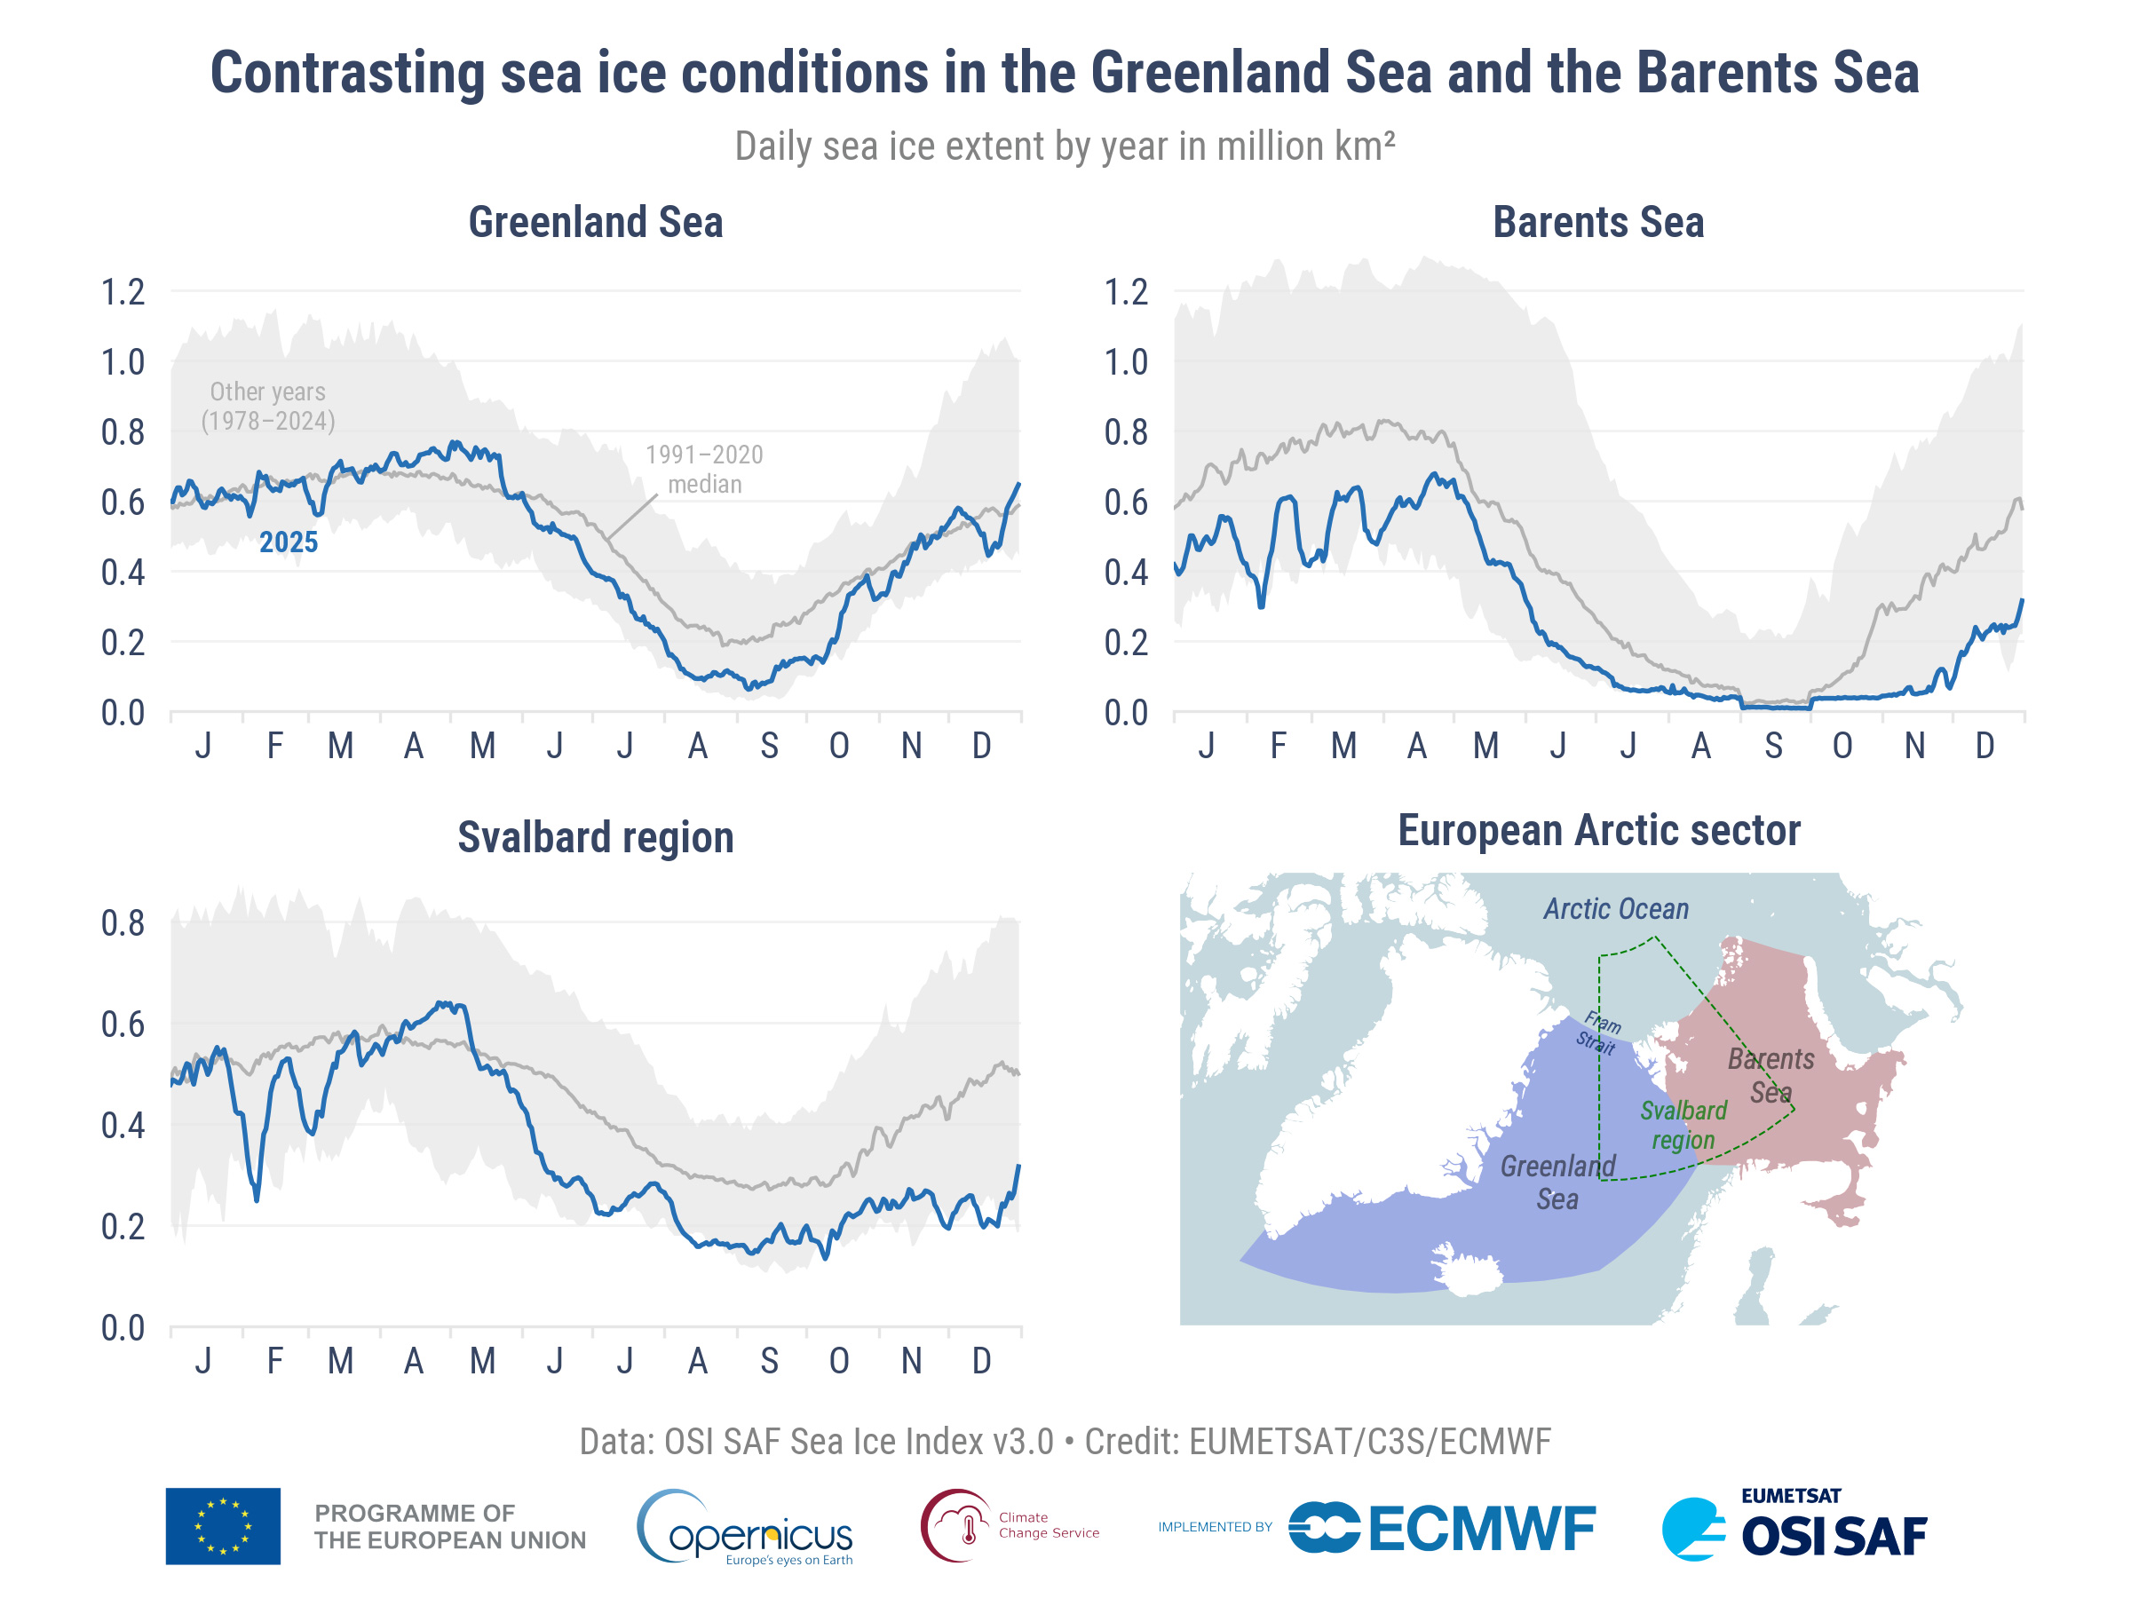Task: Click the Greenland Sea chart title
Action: click(596, 223)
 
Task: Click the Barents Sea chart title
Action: click(1598, 223)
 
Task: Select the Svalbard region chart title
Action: click(596, 837)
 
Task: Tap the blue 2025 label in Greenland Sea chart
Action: click(288, 542)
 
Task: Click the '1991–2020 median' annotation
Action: click(704, 469)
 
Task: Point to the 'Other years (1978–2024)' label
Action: click(268, 407)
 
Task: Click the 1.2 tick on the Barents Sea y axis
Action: click(1125, 292)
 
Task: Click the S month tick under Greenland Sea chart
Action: click(769, 746)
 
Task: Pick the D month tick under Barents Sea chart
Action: click(1984, 746)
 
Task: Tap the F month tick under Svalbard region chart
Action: click(274, 1361)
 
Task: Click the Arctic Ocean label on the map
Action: click(1616, 909)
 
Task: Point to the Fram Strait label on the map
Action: click(1599, 1032)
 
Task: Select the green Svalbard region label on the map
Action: click(1683, 1125)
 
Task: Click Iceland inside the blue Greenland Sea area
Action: click(1466, 1270)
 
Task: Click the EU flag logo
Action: click(223, 1527)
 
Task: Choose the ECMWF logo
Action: click(1442, 1529)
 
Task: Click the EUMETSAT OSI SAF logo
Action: click(1794, 1527)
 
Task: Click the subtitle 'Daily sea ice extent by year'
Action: click(1064, 146)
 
